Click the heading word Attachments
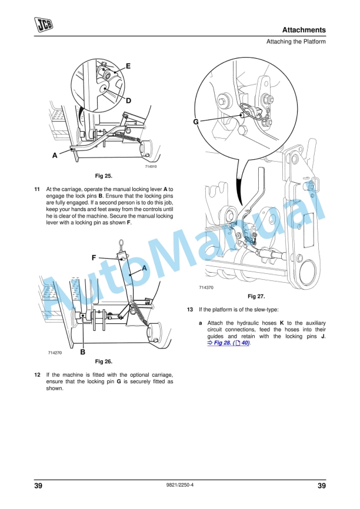[304, 29]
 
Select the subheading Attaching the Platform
[296, 42]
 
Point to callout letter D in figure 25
[128, 101]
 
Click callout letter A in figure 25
[55, 155]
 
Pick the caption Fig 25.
[104, 176]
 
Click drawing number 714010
[151, 167]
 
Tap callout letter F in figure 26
[94, 257]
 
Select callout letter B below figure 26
[83, 352]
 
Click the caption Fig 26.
[104, 361]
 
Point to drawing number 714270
[56, 352]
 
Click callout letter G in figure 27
[196, 122]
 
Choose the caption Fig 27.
[256, 296]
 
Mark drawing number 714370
[206, 288]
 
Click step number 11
[37, 189]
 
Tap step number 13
[189, 309]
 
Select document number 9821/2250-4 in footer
[179, 485]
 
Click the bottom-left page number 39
[38, 485]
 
